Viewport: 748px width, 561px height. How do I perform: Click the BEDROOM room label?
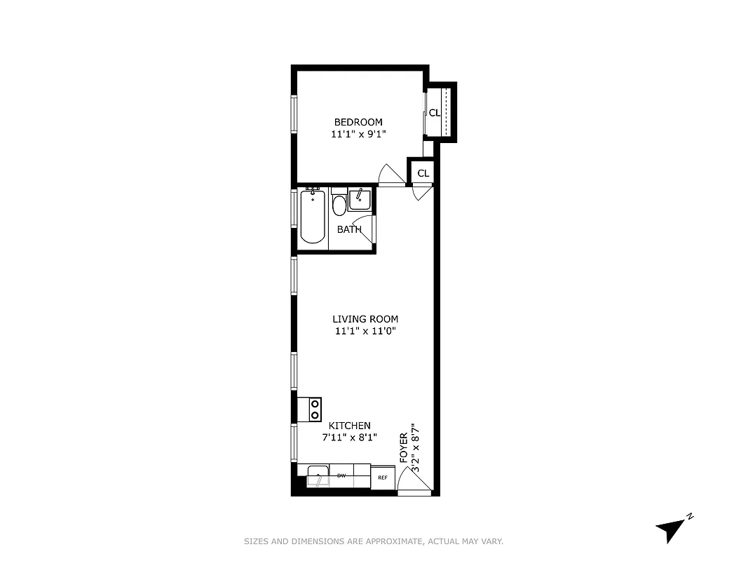358,122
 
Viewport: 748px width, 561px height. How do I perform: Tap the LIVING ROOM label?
365,319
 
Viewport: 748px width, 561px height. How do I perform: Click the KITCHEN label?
350,426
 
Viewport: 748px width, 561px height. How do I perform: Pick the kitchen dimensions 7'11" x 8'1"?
350,438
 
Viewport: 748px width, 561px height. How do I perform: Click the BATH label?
349,229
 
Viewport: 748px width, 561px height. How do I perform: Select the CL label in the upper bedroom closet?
435,113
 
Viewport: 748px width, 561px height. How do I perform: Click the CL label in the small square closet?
423,173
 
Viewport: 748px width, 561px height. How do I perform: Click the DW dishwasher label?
341,476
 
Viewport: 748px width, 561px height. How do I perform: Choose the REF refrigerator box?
383,478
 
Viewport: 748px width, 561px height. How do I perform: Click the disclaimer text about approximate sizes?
374,541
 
